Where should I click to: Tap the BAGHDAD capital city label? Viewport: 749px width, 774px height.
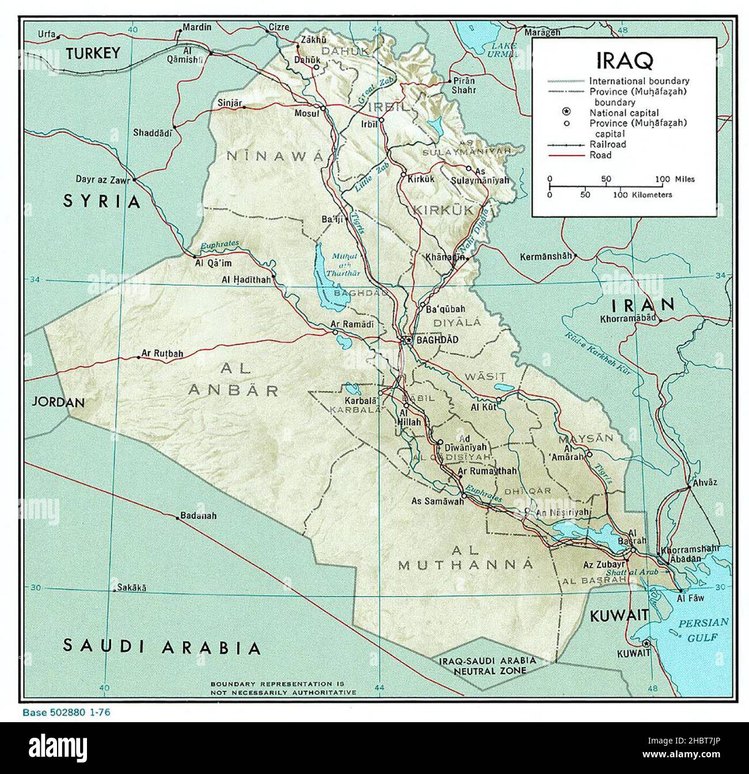437,340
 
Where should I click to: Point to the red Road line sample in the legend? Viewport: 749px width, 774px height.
566,155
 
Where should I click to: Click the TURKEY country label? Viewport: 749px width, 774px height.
92,54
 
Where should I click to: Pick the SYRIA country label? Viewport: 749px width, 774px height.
101,202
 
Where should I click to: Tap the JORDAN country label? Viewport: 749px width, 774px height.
58,402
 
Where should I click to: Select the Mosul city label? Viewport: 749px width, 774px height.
307,113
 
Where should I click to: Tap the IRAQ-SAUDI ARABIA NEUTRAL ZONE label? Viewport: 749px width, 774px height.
487,666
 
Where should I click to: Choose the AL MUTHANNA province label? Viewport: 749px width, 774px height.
466,557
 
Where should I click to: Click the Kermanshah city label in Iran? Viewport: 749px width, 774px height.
546,256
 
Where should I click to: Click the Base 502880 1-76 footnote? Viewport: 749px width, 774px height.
66,712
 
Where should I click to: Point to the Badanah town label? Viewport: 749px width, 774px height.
198,515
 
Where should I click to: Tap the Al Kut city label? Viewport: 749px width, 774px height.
483,407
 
